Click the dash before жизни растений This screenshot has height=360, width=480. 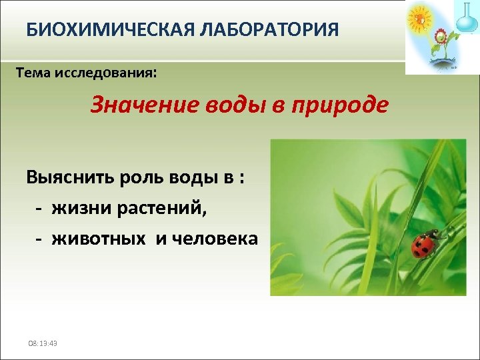tap(39, 209)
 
